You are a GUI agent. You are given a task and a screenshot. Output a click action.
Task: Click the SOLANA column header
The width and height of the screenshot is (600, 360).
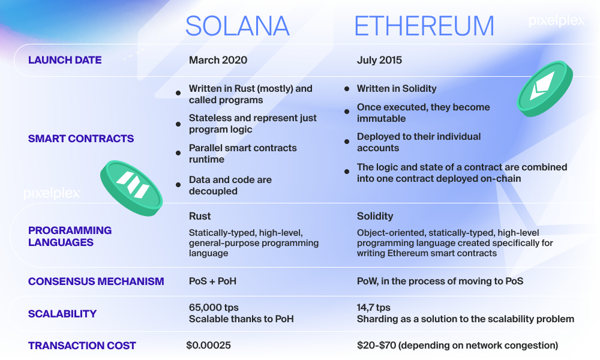coord(237,26)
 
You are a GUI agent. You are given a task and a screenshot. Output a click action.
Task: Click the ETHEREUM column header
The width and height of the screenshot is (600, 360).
coord(424,26)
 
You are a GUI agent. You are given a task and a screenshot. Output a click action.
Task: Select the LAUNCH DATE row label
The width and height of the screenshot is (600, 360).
coord(65,60)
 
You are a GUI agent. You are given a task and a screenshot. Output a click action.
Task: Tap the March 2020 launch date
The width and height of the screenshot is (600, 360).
coord(218,60)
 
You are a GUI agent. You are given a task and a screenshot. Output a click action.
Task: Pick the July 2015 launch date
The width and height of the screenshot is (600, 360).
coord(379,60)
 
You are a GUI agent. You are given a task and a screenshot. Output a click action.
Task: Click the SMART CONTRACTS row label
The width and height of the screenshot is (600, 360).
coord(81,139)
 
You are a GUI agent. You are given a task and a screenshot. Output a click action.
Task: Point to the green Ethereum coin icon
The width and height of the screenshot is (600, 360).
coord(545,89)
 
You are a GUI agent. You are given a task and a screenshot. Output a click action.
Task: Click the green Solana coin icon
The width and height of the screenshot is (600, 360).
coord(131,188)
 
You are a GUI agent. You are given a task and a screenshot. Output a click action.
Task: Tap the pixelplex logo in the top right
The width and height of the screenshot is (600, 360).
coord(556,20)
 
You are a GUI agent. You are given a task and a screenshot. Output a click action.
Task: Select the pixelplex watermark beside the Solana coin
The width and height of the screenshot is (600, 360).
coord(52,193)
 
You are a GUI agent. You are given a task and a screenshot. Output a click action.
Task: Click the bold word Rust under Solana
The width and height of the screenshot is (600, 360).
coord(200,216)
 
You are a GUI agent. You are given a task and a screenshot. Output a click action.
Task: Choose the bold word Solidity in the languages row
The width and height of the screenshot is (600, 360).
coord(375,216)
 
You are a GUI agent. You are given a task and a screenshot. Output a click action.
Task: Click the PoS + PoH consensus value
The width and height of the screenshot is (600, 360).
coord(213,281)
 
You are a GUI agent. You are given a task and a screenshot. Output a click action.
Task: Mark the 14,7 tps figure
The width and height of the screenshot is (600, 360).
coord(373,308)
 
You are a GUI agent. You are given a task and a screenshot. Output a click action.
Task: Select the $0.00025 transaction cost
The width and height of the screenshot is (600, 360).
coord(209,346)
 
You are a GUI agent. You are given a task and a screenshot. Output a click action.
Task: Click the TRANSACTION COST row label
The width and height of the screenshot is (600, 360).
coord(82,346)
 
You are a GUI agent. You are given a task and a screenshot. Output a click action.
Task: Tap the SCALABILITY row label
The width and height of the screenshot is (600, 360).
coord(62,314)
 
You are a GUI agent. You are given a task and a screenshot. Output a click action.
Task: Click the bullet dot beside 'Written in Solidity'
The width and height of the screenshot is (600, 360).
coord(347,89)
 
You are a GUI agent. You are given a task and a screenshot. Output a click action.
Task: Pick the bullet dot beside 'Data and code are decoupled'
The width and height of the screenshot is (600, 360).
coord(178,185)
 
